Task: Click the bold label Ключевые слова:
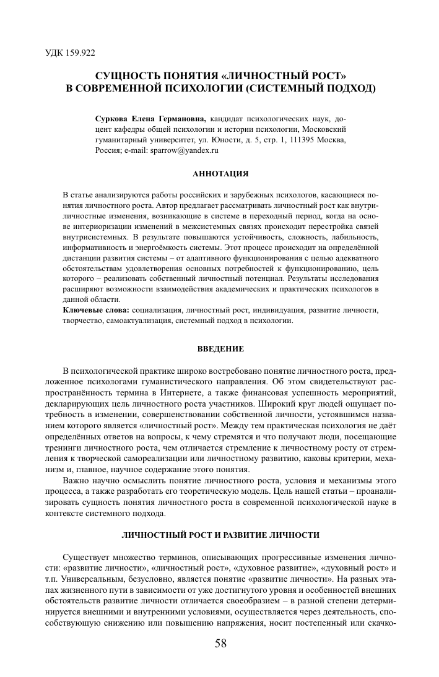[x=96, y=310]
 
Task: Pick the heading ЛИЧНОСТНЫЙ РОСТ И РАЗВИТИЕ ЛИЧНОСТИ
[x=220, y=534]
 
